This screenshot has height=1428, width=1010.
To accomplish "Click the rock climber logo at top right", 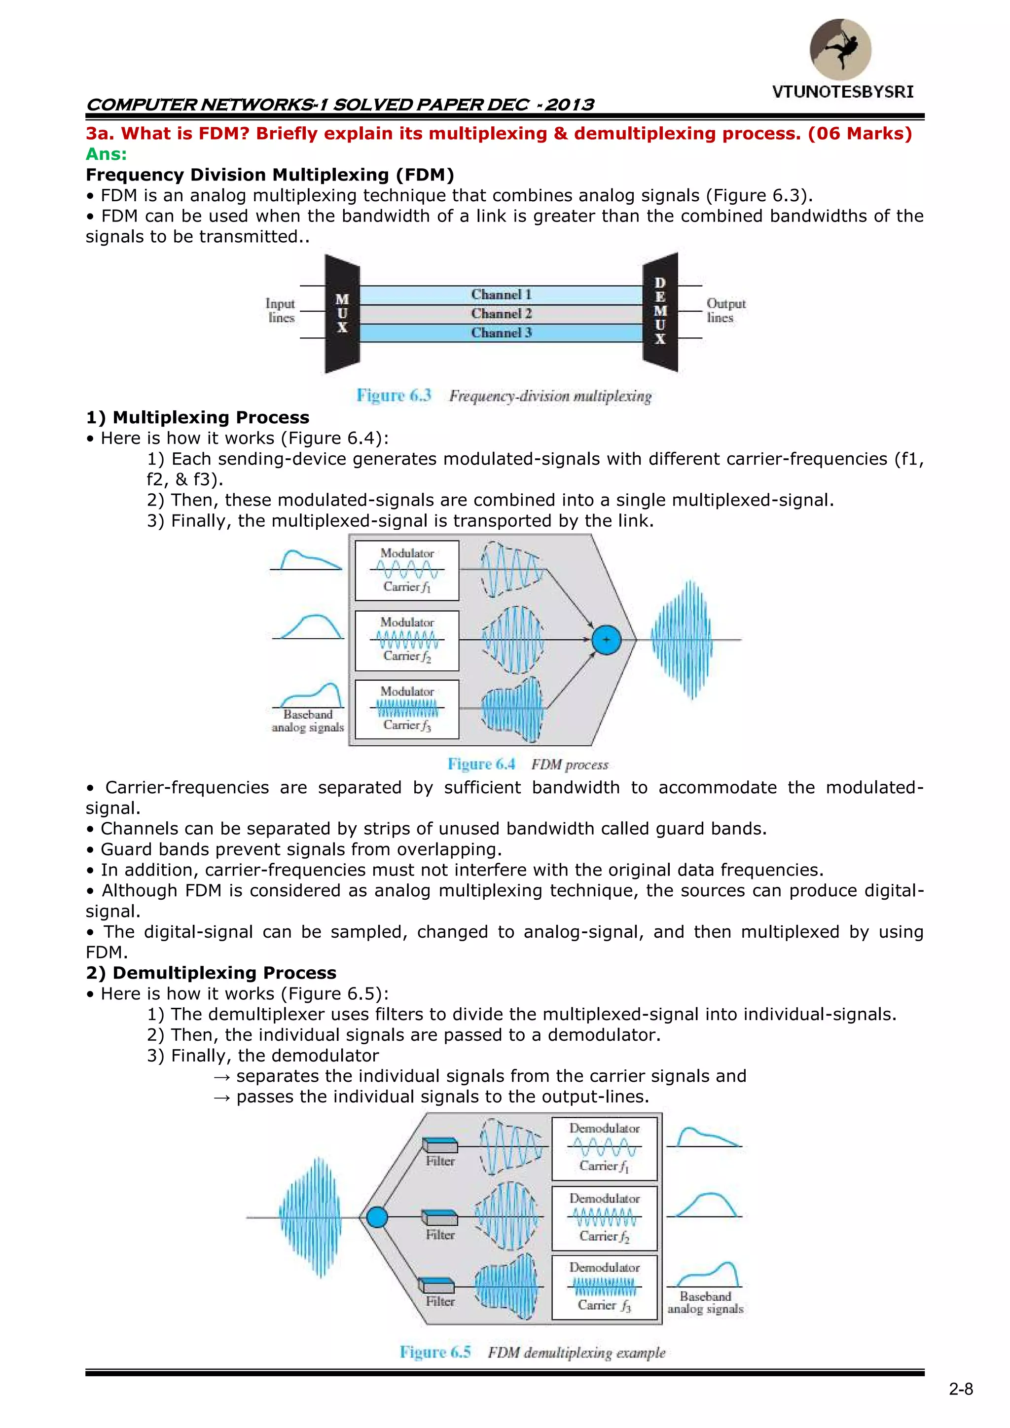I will (840, 49).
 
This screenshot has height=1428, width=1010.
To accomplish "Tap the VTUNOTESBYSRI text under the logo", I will (843, 92).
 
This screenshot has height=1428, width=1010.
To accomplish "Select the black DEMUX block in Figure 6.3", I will (660, 312).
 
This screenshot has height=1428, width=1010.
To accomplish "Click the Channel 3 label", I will (501, 333).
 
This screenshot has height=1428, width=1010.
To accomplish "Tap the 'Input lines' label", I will (281, 310).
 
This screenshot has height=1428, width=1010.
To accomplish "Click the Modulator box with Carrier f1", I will (407, 570).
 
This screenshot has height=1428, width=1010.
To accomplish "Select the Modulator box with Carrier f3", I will (407, 709).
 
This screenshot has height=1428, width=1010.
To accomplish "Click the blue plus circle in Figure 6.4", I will (607, 639).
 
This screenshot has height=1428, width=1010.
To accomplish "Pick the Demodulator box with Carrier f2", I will (605, 1217).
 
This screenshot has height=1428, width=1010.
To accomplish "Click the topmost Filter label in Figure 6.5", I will (440, 1161).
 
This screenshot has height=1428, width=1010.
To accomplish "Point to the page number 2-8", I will (961, 1390).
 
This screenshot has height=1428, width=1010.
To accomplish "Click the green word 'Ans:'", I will (107, 154).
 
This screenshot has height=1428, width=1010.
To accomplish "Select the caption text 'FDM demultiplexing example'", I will (577, 1353).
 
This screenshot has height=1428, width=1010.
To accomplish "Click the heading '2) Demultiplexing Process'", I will (212, 973).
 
